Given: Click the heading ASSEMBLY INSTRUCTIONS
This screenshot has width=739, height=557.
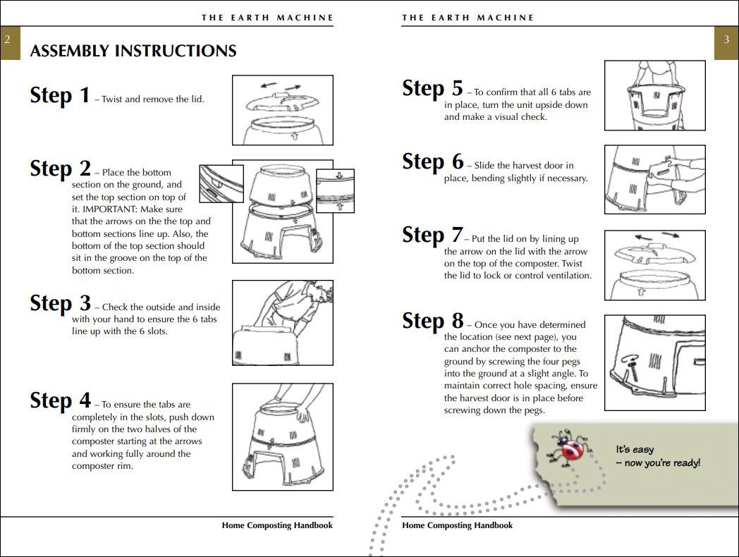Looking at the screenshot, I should pyautogui.click(x=133, y=51).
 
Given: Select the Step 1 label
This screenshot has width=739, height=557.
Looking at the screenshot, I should pyautogui.click(x=60, y=95).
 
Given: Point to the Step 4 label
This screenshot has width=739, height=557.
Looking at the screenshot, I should pyautogui.click(x=60, y=400).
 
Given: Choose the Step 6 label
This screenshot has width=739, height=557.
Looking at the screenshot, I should pyautogui.click(x=432, y=161).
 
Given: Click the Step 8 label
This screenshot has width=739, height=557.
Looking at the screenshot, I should pyautogui.click(x=432, y=321).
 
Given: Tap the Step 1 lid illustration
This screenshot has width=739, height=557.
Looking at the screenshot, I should pyautogui.click(x=282, y=110).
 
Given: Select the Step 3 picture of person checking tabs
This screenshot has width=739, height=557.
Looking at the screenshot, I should pyautogui.click(x=282, y=323).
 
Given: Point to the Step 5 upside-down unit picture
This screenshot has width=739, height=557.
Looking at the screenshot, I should pyautogui.click(x=654, y=95).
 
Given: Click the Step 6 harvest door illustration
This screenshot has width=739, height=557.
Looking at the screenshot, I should pyautogui.click(x=654, y=180).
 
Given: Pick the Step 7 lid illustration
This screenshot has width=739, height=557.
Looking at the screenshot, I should pyautogui.click(x=654, y=265).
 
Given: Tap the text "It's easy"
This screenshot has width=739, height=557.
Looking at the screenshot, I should pyautogui.click(x=635, y=450).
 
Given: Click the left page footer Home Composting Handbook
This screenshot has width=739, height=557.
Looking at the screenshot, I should pyautogui.click(x=277, y=525).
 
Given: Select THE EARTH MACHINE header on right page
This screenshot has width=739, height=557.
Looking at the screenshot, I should pyautogui.click(x=468, y=18).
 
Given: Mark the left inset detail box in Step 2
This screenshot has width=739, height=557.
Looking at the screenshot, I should pyautogui.click(x=221, y=184).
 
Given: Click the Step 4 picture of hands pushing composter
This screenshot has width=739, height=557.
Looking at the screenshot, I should pyautogui.click(x=282, y=437).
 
